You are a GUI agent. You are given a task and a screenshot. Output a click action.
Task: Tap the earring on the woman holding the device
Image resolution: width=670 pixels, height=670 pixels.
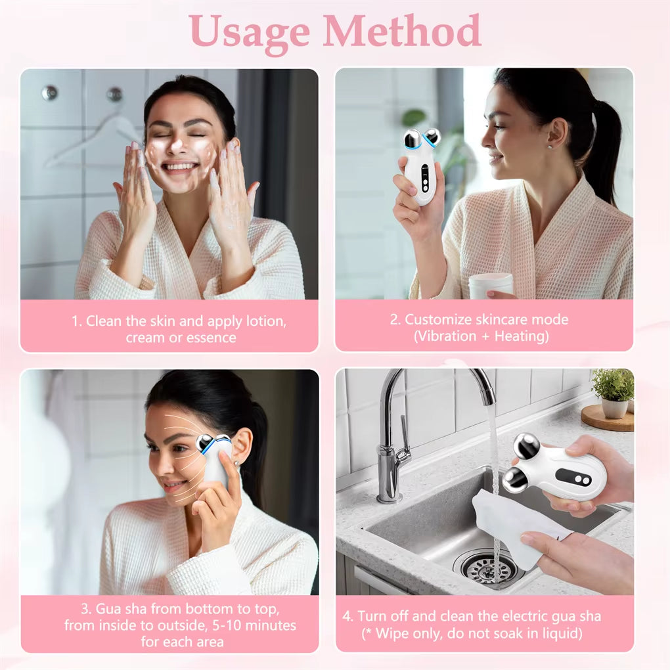(549, 148)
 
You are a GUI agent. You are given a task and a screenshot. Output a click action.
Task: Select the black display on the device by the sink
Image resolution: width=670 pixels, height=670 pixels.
(572, 477)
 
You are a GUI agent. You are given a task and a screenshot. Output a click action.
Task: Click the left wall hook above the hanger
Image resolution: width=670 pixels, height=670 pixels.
(49, 93)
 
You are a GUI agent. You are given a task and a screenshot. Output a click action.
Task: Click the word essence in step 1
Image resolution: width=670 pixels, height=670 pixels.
(212, 338)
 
